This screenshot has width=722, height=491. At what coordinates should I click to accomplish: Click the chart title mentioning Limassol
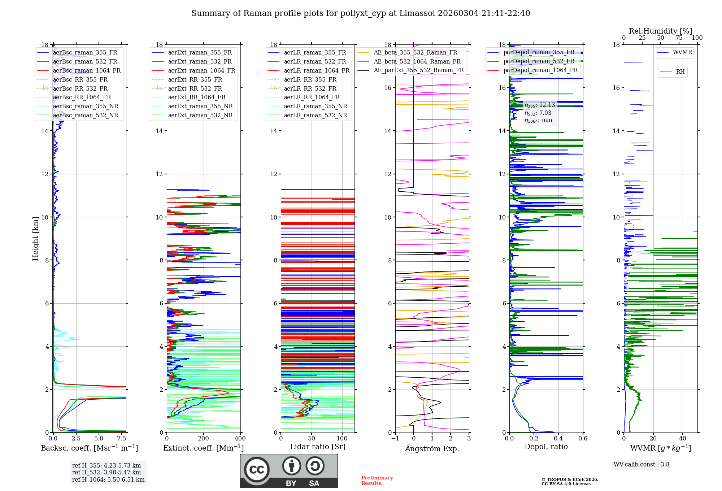click(x=361, y=13)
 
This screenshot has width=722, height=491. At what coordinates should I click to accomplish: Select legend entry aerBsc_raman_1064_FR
click(x=87, y=70)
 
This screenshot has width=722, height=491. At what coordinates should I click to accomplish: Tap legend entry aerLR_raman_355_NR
click(x=315, y=106)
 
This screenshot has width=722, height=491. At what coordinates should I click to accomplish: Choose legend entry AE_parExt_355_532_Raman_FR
click(x=418, y=70)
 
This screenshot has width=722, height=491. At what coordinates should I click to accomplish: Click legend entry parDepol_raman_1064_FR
click(x=540, y=70)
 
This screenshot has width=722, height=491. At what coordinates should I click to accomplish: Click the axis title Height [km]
click(x=35, y=239)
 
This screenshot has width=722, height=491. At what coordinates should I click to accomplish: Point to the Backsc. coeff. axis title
click(x=89, y=448)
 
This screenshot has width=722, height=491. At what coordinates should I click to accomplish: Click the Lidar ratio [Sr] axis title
click(x=318, y=447)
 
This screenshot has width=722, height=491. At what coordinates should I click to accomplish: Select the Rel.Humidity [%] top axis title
click(x=660, y=31)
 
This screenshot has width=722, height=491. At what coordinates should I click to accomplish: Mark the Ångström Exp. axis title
click(x=432, y=448)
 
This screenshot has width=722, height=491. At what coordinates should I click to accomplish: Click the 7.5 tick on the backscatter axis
click(x=122, y=439)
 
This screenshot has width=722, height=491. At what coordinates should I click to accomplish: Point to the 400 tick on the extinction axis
click(x=240, y=439)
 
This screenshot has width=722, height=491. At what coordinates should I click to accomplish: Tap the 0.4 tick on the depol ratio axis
click(x=558, y=439)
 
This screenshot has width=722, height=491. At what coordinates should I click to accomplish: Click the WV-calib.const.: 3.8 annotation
click(x=641, y=465)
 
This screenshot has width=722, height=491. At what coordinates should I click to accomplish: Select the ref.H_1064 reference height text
click(x=108, y=480)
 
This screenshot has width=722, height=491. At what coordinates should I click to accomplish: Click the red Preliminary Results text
click(x=377, y=481)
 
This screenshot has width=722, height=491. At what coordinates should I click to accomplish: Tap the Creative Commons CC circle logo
click(x=257, y=470)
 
